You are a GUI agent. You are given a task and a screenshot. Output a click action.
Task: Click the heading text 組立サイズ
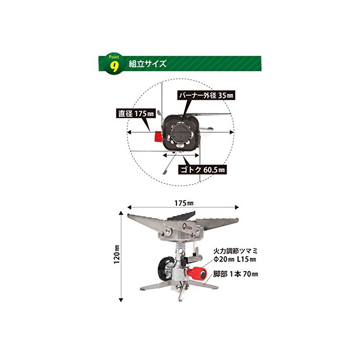coord(147,64)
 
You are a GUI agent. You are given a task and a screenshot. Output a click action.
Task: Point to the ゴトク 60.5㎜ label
coord(203,170)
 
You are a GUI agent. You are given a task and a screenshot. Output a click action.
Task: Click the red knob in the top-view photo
coord(158,137)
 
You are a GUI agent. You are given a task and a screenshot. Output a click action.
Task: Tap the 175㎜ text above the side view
coord(184,203)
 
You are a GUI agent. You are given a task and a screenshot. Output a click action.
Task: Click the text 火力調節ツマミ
coord(236,250)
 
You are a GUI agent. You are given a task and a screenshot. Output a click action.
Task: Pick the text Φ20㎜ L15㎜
coord(235,259)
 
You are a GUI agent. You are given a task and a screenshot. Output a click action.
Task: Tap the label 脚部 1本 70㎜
coord(236,274)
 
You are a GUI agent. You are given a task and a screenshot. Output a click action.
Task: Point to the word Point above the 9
coord(114,57)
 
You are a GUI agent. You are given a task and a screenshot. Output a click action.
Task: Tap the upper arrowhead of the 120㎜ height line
coord(121,213)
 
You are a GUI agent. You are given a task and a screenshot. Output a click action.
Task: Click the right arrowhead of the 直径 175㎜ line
coord(232,132)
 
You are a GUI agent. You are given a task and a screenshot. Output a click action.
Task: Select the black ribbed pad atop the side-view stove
coord(181,216)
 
